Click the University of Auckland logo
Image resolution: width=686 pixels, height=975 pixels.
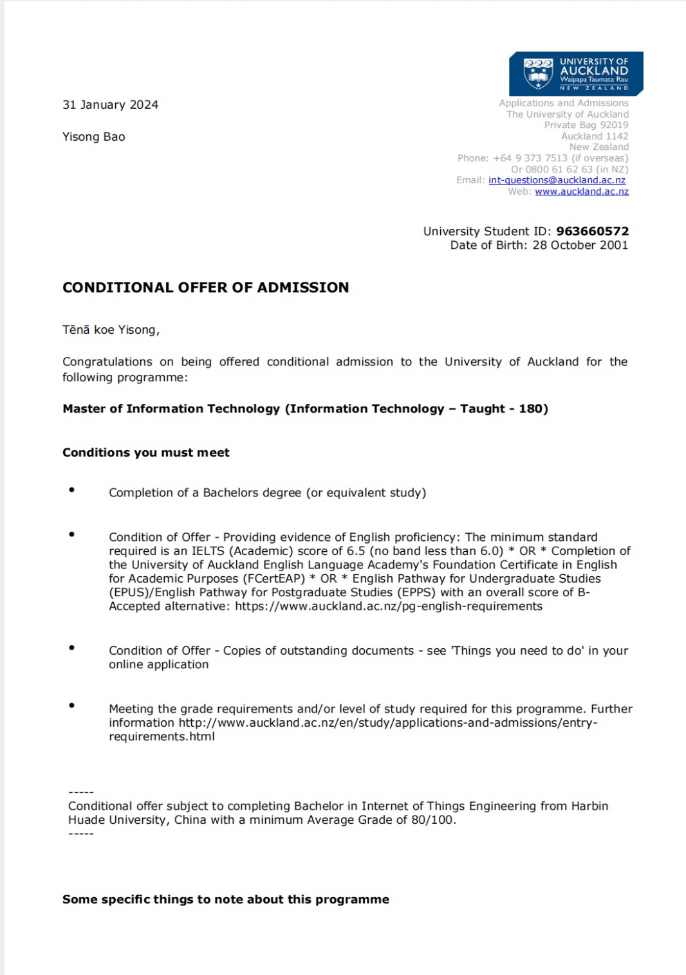click(575, 73)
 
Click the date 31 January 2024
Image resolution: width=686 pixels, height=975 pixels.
click(110, 105)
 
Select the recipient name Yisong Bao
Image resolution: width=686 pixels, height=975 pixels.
click(94, 136)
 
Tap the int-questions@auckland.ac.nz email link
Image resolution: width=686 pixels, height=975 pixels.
click(557, 180)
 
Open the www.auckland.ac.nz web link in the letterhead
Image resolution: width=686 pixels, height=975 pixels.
click(581, 192)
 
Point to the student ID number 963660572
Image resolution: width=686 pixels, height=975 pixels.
click(592, 231)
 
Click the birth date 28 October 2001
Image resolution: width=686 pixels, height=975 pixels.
click(580, 245)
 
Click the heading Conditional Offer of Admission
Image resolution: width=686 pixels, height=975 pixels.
click(205, 287)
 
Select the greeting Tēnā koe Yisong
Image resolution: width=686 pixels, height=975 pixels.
click(111, 330)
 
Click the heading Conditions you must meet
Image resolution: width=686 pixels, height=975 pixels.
click(145, 453)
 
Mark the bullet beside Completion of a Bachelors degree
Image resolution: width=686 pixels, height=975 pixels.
click(71, 490)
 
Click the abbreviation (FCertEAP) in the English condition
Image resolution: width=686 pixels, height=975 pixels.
click(273, 579)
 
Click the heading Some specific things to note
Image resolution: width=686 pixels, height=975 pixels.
click(225, 900)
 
